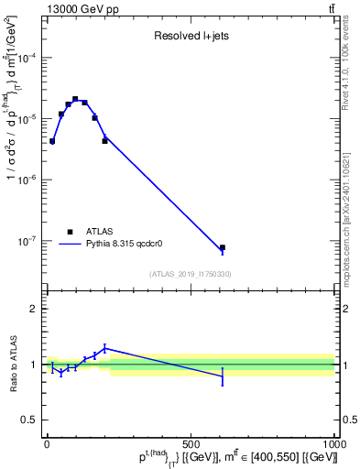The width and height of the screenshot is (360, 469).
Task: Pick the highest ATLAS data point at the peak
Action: [x=75, y=99]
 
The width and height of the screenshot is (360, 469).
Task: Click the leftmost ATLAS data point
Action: [x=52, y=141]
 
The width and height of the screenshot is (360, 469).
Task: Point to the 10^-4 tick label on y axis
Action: [x=27, y=58]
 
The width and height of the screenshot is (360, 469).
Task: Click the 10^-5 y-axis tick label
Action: [x=27, y=119]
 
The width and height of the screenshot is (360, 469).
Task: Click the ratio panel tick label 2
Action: [x=32, y=309]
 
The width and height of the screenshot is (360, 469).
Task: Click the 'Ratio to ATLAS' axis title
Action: [x=12, y=365]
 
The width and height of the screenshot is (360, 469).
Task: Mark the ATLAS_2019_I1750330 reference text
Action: [x=191, y=274]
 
